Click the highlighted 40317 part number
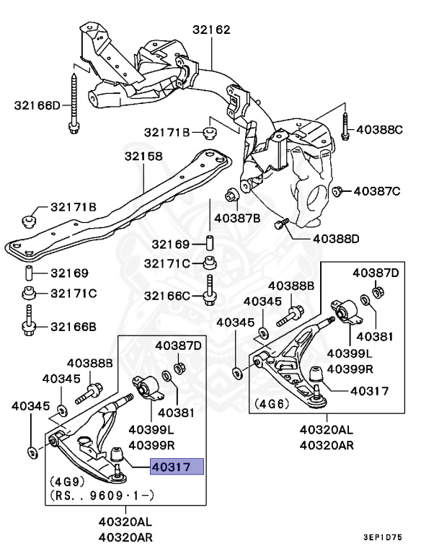(177, 467)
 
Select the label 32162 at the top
(211, 30)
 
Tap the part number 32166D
(37, 105)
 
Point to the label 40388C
(389, 130)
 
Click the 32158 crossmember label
(143, 156)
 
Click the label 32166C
(167, 296)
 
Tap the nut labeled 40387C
(337, 190)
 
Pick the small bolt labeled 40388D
(281, 225)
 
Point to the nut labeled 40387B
(232, 193)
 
